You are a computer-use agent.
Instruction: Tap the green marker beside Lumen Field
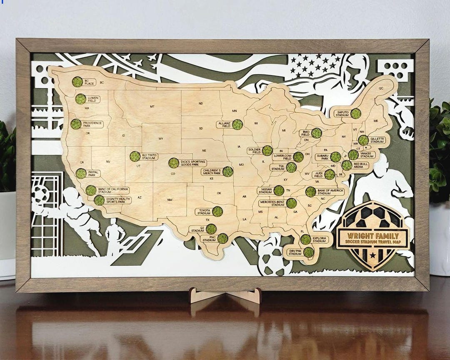[80, 99]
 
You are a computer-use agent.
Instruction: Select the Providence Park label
[92, 124]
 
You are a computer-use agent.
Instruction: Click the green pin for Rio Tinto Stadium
[135, 156]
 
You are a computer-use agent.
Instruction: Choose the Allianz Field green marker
[237, 125]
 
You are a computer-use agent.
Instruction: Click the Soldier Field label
[254, 150]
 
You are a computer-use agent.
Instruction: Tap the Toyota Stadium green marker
[217, 212]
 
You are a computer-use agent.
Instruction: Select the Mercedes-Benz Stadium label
[272, 203]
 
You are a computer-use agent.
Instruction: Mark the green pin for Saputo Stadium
[355, 113]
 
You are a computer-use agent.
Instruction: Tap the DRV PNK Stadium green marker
[308, 252]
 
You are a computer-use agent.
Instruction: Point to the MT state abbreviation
[152, 107]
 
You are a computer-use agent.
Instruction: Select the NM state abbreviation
[170, 200]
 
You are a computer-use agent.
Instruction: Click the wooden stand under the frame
[225, 296]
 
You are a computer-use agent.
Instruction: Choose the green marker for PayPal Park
[81, 173]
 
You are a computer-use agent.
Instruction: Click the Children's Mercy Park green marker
[227, 171]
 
